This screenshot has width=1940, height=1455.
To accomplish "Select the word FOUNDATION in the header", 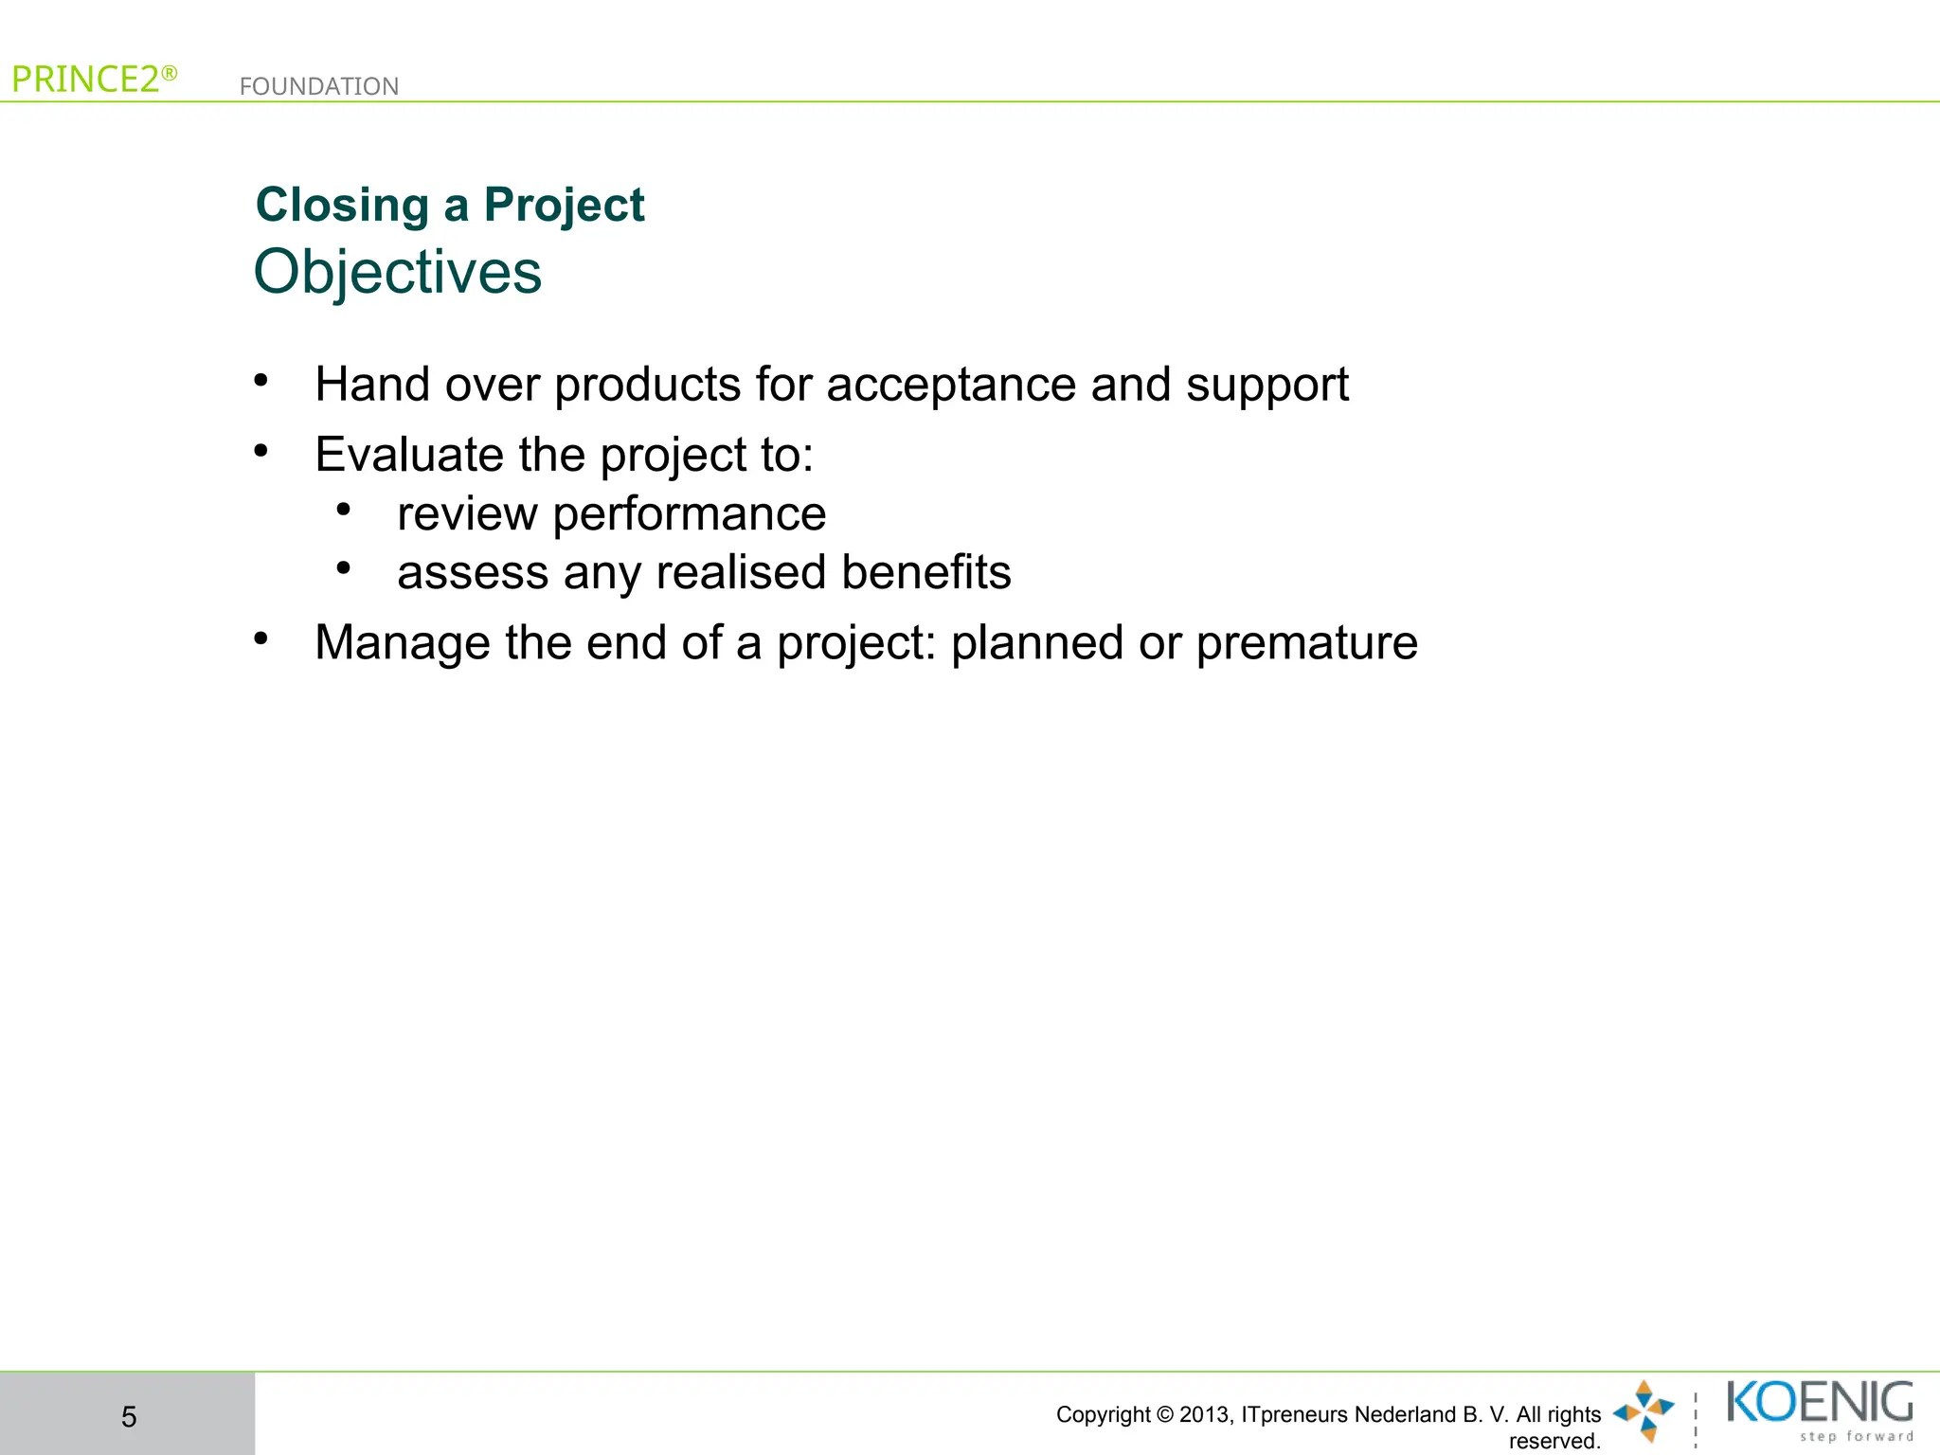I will (x=318, y=86).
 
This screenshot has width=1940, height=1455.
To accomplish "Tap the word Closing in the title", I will (x=342, y=206).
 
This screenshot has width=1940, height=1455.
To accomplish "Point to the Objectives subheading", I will (x=397, y=273).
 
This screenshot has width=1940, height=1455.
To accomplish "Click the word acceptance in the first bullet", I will (x=951, y=386).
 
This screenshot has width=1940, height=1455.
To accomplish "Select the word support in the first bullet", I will (x=1266, y=386).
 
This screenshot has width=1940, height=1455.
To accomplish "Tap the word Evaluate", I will (x=408, y=455).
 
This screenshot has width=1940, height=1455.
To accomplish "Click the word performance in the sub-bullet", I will (x=689, y=514).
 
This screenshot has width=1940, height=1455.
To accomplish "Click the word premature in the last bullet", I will (x=1306, y=643).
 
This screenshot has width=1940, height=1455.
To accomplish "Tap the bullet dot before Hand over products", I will (x=261, y=381).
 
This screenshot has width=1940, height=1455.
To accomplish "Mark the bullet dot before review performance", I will (x=344, y=511).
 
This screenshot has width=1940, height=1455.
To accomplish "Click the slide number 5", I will (x=129, y=1416).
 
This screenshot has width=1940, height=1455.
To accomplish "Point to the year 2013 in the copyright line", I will (x=1204, y=1414).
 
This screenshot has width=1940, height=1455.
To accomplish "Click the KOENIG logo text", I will (x=1819, y=1402).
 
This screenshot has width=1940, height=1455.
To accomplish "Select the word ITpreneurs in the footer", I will (x=1295, y=1414).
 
